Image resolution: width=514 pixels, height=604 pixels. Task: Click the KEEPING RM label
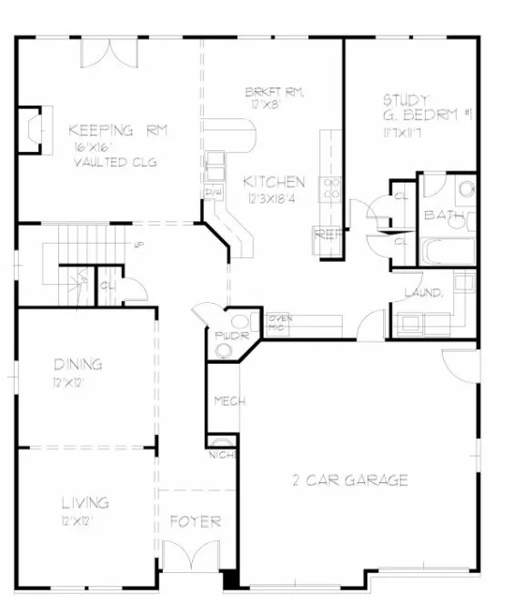[118, 129]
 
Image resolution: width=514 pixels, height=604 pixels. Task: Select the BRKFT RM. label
[274, 93]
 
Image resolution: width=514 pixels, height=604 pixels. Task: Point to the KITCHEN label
[273, 181]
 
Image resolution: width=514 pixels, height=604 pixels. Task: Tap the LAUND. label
[424, 293]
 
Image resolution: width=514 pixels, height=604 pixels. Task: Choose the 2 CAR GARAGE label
[349, 479]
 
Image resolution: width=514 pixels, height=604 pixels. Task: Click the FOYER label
[196, 521]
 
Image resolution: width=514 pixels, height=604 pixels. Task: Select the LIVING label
[85, 502]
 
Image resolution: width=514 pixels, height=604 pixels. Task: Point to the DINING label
[77, 365]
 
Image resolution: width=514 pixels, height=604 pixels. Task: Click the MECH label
[225, 401]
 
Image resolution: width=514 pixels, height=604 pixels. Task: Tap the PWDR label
[225, 335]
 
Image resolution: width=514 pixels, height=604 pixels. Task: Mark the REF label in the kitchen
[325, 234]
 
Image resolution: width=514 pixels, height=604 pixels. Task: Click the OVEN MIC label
[279, 321]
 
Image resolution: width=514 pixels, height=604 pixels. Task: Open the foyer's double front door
[196, 557]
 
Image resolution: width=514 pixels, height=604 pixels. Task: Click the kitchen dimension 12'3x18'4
[269, 197]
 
